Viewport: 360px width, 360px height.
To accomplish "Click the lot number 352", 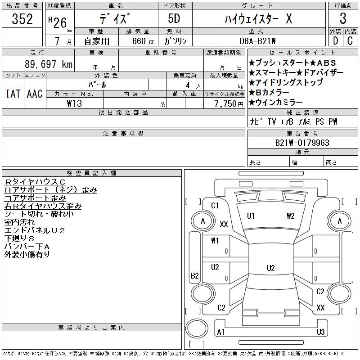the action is (x=22, y=19).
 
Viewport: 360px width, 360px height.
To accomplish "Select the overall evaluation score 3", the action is (x=343, y=19).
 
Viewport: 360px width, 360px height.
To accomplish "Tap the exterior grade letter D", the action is (x=335, y=40).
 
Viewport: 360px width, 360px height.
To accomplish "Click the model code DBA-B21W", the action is (x=258, y=41).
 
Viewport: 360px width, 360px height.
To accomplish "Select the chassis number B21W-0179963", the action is (x=302, y=143).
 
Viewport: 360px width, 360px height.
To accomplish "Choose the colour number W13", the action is (x=74, y=103).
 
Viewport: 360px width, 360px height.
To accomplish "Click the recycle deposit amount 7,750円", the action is (x=229, y=103).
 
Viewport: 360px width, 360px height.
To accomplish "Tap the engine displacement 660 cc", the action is (x=138, y=41).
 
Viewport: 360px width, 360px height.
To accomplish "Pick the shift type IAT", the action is (x=13, y=94).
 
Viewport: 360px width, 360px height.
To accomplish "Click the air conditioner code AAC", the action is (x=35, y=94).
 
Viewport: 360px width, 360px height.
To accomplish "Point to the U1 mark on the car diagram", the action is (x=251, y=216).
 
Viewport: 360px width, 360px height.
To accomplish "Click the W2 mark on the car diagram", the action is (x=290, y=216).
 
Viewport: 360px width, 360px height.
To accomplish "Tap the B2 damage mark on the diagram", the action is (x=195, y=276).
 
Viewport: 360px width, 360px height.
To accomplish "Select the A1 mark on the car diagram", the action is (x=220, y=332).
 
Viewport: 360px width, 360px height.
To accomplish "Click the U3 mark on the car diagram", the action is (x=320, y=332).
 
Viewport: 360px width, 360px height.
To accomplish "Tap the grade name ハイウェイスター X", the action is (x=258, y=19).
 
